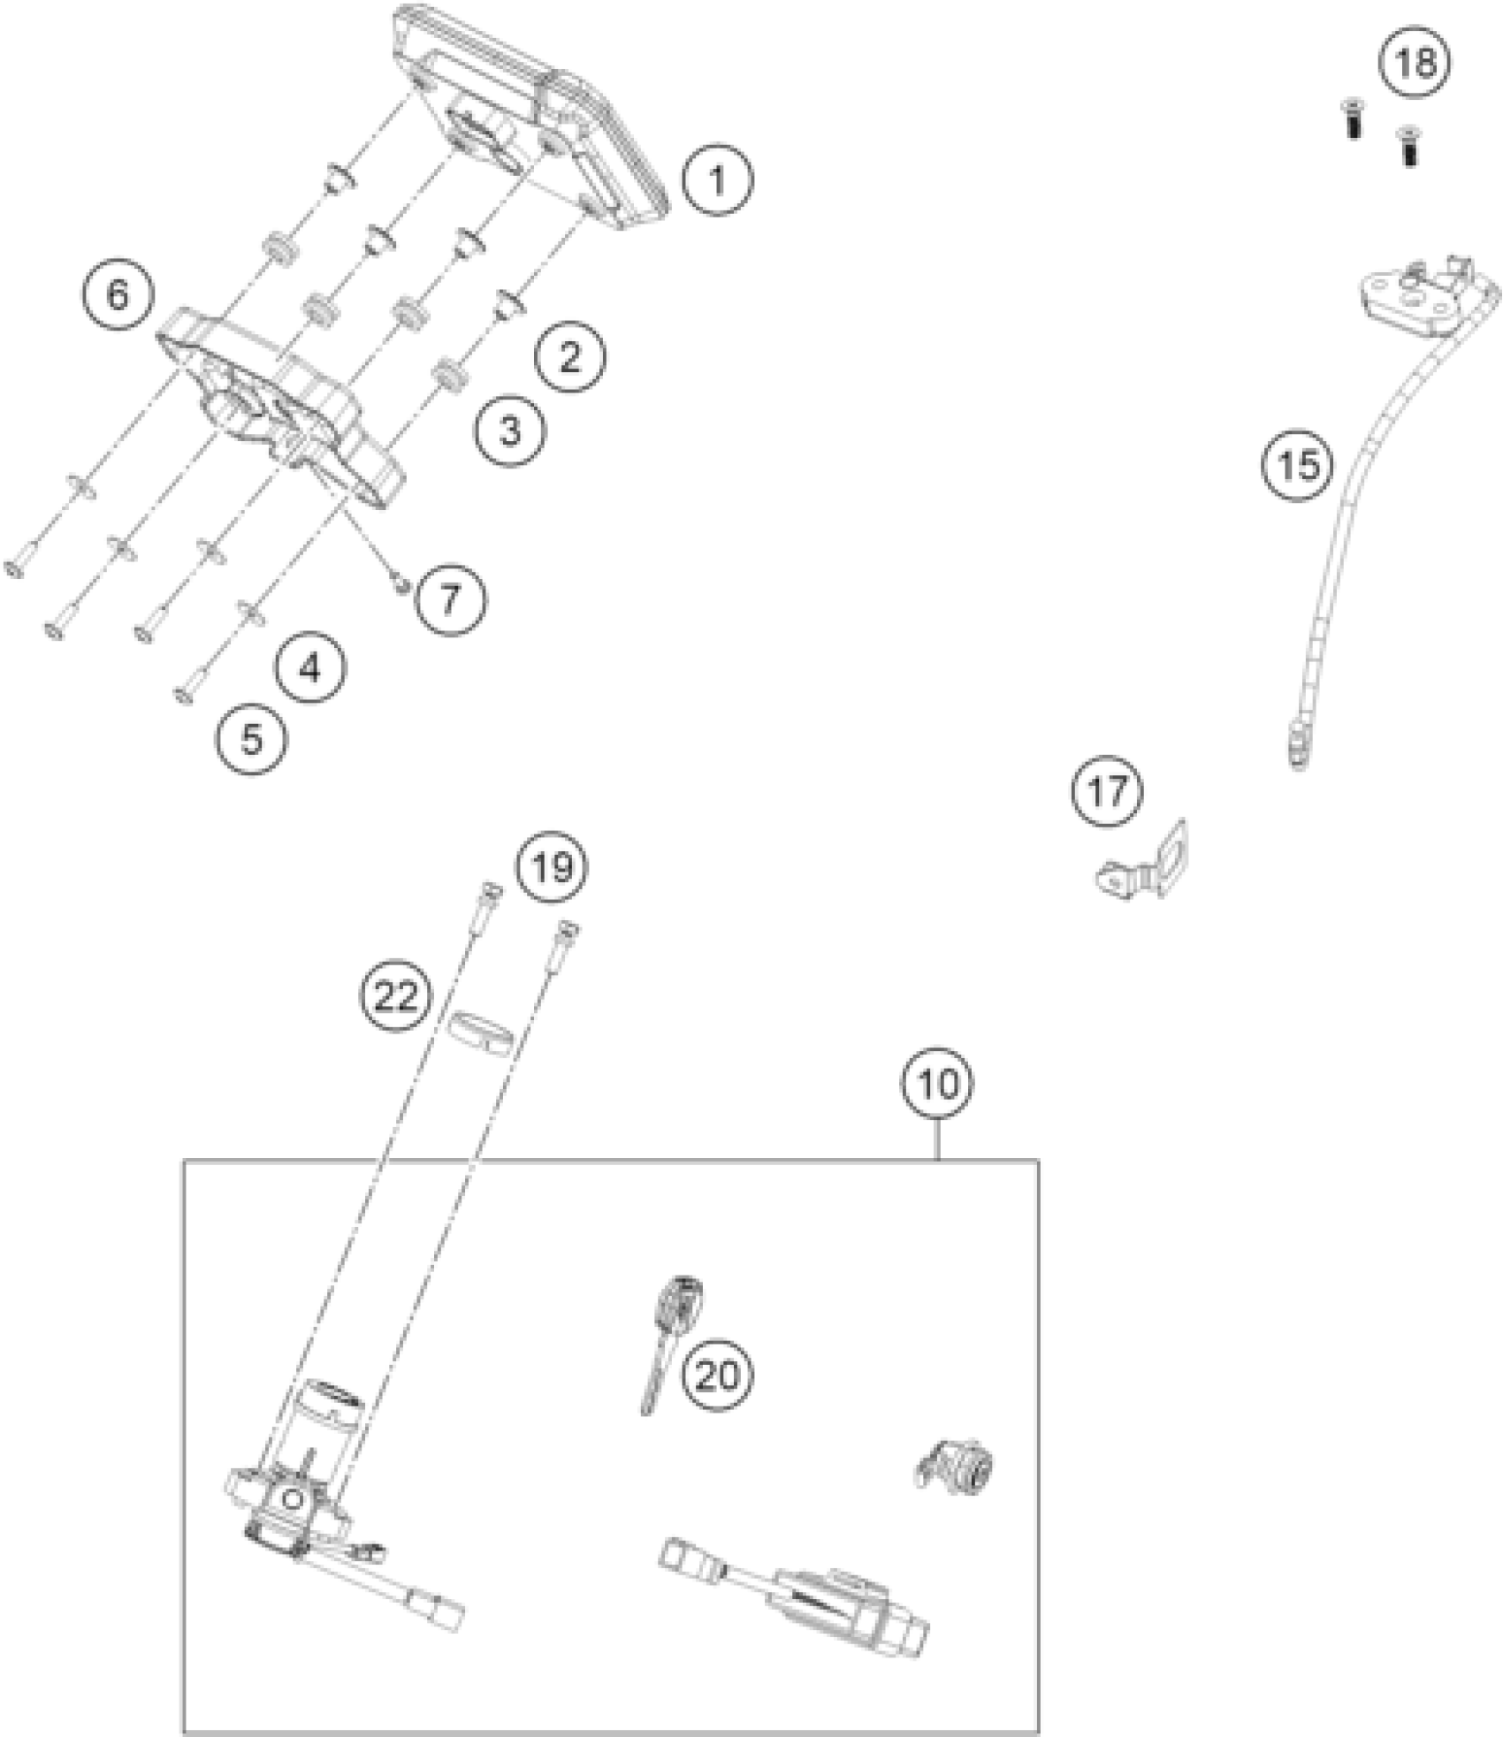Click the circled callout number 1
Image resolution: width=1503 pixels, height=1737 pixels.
coord(717,181)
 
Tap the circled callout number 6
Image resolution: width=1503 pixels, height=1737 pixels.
coord(118,295)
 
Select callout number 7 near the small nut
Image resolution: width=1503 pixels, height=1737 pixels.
coord(451,600)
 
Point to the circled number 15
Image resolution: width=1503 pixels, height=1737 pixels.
coord(1298,464)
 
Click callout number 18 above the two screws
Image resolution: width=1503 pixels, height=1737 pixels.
coord(1415,63)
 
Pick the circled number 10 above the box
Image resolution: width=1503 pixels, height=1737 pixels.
coord(937,1082)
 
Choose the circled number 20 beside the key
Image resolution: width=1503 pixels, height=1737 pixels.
coord(716,1375)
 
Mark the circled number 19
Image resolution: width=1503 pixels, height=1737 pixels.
coord(553,867)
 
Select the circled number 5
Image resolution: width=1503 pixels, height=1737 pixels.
coord(253,739)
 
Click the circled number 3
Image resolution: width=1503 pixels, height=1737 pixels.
coord(509,431)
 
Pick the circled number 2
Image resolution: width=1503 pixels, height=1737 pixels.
coord(570,356)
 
